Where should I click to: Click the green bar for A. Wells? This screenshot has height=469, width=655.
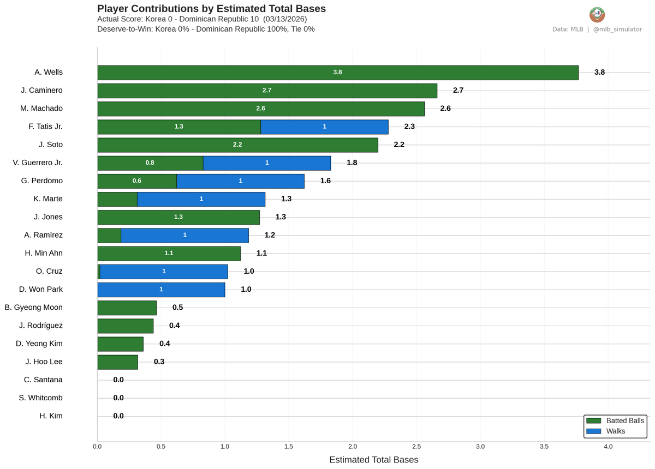338,73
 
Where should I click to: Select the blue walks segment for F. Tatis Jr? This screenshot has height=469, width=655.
324,127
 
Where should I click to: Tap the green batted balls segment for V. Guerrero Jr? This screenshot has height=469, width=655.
150,163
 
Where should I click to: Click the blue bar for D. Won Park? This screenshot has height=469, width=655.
161,290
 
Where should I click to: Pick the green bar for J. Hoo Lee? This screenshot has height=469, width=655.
117,362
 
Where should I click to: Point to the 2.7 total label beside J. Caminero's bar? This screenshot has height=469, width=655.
458,91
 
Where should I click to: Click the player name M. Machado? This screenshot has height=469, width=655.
41,109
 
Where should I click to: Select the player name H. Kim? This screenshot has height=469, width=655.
51,416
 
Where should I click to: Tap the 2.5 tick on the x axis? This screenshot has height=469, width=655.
416,446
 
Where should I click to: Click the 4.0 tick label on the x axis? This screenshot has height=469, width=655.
608,446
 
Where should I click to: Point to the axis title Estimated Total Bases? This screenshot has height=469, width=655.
374,460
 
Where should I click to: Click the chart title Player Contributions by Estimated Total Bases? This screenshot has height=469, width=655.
211,9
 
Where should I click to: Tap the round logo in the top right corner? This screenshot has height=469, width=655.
597,15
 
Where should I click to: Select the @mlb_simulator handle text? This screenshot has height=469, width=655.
617,29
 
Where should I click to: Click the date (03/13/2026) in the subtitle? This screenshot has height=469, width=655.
285,19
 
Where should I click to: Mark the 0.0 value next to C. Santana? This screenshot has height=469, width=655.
118,380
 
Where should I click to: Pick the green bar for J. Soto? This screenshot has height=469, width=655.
237,145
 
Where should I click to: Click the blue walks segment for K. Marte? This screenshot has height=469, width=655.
201,199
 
